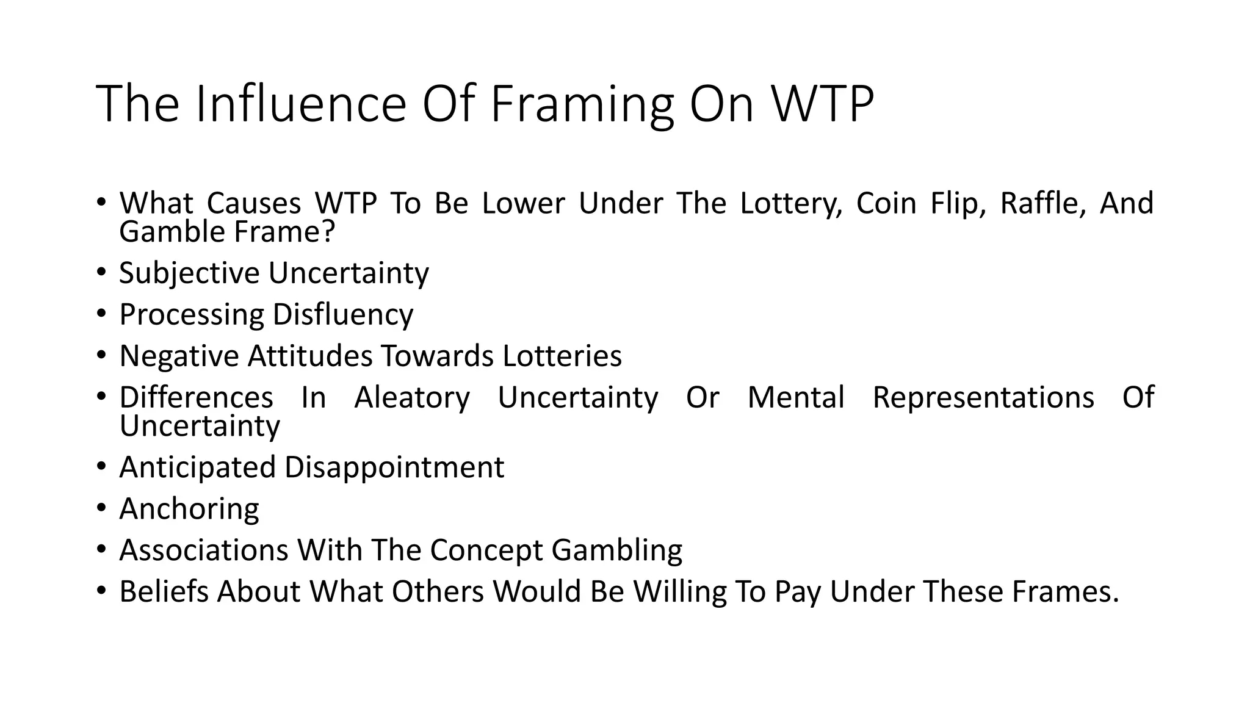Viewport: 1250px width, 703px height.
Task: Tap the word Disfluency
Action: [x=343, y=314]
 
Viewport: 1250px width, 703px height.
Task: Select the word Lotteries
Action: [x=562, y=356]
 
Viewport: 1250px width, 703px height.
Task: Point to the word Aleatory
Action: [x=412, y=397]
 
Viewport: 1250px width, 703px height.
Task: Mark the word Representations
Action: [x=983, y=397]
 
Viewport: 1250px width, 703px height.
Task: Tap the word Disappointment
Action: [x=394, y=467]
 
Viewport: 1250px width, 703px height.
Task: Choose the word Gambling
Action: [x=616, y=550]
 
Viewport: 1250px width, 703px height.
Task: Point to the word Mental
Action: [x=796, y=397]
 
